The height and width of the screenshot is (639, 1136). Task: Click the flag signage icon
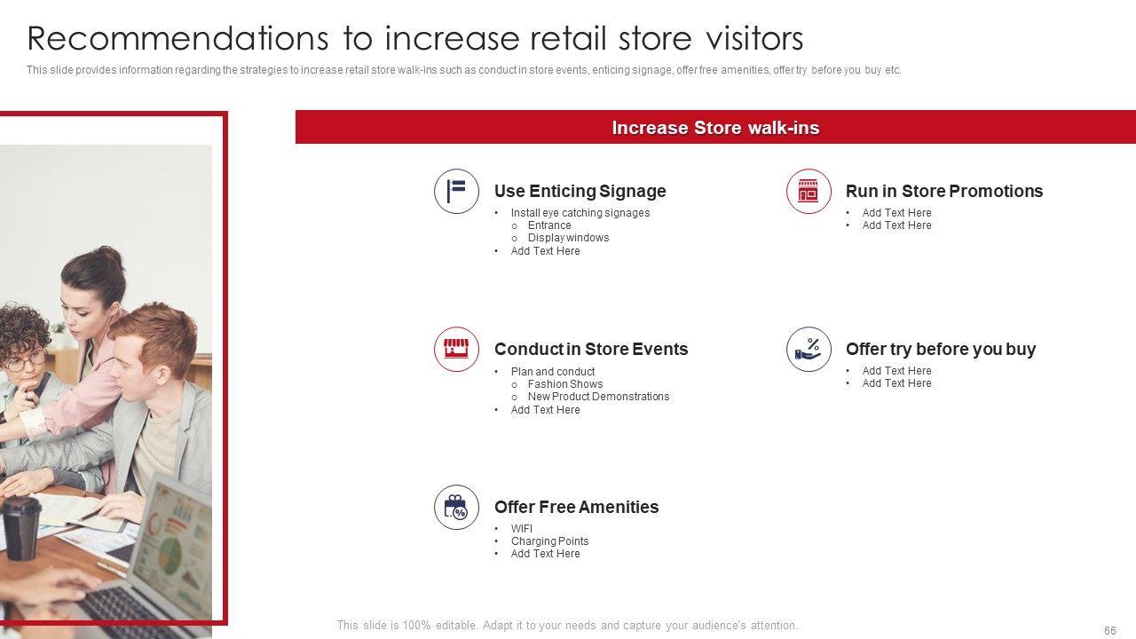click(456, 191)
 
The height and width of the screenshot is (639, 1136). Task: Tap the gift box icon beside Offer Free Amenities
click(456, 507)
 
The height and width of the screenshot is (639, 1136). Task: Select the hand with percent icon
click(809, 349)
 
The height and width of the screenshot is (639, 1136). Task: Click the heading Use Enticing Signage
click(580, 191)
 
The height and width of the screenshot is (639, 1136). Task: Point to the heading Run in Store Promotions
click(944, 191)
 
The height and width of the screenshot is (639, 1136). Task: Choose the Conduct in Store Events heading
click(591, 349)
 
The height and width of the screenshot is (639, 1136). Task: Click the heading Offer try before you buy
click(941, 350)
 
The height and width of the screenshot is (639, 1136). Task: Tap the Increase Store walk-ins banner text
click(715, 128)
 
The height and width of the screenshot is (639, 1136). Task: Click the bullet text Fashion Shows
click(565, 384)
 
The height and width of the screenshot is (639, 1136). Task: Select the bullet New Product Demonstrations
click(598, 397)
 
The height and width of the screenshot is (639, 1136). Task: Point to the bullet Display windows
click(569, 238)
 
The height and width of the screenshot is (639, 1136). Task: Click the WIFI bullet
click(522, 528)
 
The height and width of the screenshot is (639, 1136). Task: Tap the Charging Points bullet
click(549, 541)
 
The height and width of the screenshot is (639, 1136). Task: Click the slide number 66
click(1109, 630)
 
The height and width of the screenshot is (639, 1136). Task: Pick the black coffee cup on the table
click(20, 527)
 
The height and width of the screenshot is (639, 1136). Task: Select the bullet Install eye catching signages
click(580, 213)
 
